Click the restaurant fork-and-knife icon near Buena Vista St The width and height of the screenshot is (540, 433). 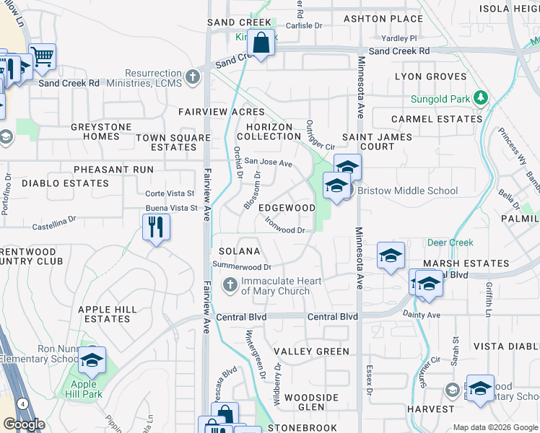coord(156,227)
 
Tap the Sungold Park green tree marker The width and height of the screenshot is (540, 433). coord(479,98)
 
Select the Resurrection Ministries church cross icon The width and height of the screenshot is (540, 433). coord(193,76)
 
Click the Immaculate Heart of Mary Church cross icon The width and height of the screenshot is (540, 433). coord(230,285)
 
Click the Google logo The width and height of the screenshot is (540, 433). coord(24,424)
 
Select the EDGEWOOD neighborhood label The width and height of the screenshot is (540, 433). coord(287,208)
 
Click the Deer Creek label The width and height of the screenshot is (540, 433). coord(450,242)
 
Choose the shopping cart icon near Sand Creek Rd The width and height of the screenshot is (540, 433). coord(43,56)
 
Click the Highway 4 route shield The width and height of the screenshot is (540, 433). coord(24,404)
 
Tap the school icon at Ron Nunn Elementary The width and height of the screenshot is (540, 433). coord(92,360)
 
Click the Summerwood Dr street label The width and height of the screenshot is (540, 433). coord(241,266)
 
